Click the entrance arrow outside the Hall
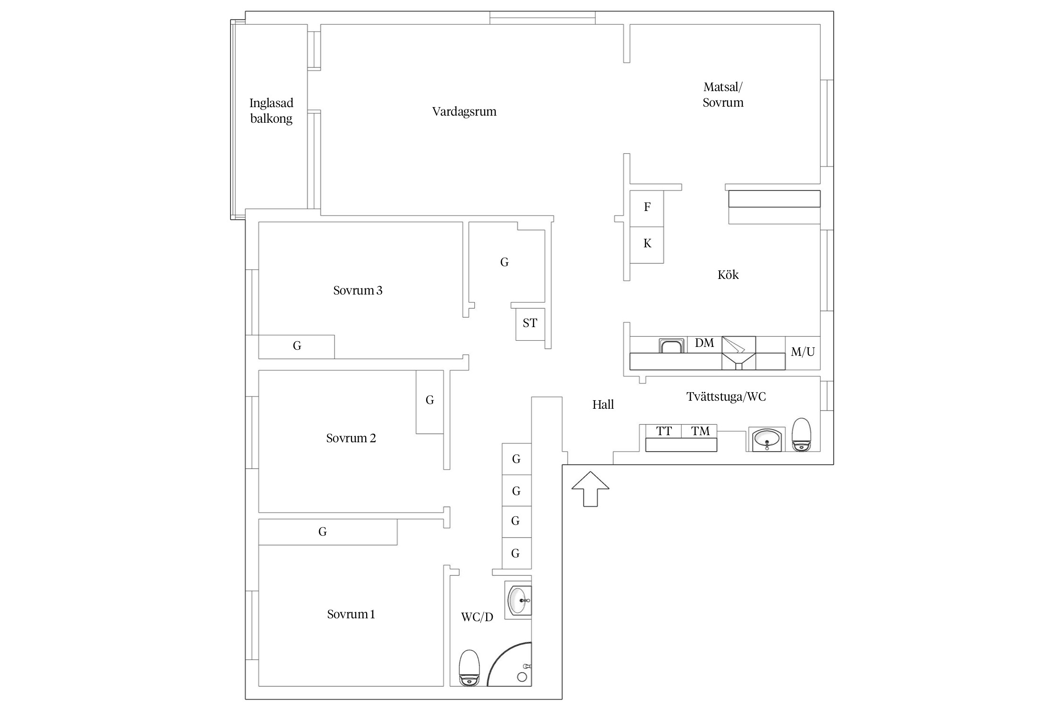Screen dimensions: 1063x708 pyautogui.click(x=590, y=489)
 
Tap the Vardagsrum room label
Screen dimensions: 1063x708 pyautogui.click(x=464, y=112)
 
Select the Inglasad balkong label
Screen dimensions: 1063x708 pyautogui.click(x=271, y=110)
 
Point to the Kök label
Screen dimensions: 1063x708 pyautogui.click(x=728, y=275)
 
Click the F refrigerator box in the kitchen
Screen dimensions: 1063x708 pyautogui.click(x=647, y=208)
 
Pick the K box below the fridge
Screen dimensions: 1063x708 pyautogui.click(x=647, y=245)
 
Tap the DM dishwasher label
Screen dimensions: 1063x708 pyautogui.click(x=704, y=343)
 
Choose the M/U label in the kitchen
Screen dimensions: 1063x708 pyautogui.click(x=803, y=352)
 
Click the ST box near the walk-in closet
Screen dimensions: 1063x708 pyautogui.click(x=530, y=324)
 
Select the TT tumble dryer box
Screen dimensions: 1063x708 pyautogui.click(x=664, y=431)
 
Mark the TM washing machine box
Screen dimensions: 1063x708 pyautogui.click(x=699, y=431)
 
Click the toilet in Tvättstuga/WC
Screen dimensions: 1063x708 pyautogui.click(x=801, y=435)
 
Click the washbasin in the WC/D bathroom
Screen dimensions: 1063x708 pyautogui.click(x=518, y=600)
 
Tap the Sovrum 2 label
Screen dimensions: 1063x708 pyautogui.click(x=351, y=438)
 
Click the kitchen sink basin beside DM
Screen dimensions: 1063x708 pyautogui.click(x=672, y=346)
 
